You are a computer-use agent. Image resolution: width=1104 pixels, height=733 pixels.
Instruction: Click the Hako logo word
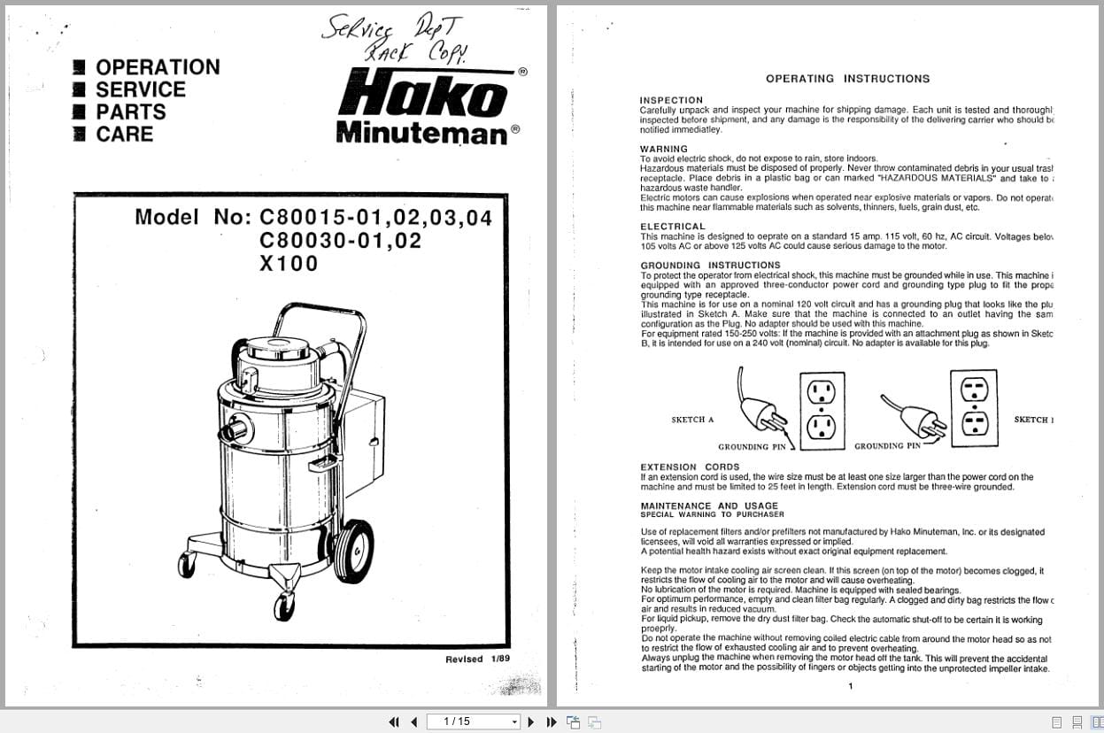point(422,94)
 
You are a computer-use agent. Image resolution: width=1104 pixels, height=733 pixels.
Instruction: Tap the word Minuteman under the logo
point(421,133)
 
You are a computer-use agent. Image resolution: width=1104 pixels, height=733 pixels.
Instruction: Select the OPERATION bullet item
point(157,67)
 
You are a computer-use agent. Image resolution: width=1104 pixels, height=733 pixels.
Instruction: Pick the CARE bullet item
point(124,135)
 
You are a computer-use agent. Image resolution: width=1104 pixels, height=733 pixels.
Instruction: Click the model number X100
point(289,264)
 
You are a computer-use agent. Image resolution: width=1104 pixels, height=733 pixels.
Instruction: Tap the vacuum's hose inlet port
point(237,431)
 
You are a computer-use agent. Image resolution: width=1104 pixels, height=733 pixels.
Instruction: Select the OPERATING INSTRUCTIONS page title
point(847,79)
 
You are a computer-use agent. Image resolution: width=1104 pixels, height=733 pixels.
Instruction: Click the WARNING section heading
point(663,149)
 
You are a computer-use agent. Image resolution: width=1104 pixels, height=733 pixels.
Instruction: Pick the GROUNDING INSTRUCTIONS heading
point(710,265)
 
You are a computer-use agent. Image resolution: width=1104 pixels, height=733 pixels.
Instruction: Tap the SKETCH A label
point(692,420)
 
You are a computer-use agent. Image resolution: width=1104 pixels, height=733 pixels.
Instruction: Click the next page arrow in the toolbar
point(531,721)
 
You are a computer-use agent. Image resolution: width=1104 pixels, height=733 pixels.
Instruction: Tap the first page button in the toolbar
point(394,721)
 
